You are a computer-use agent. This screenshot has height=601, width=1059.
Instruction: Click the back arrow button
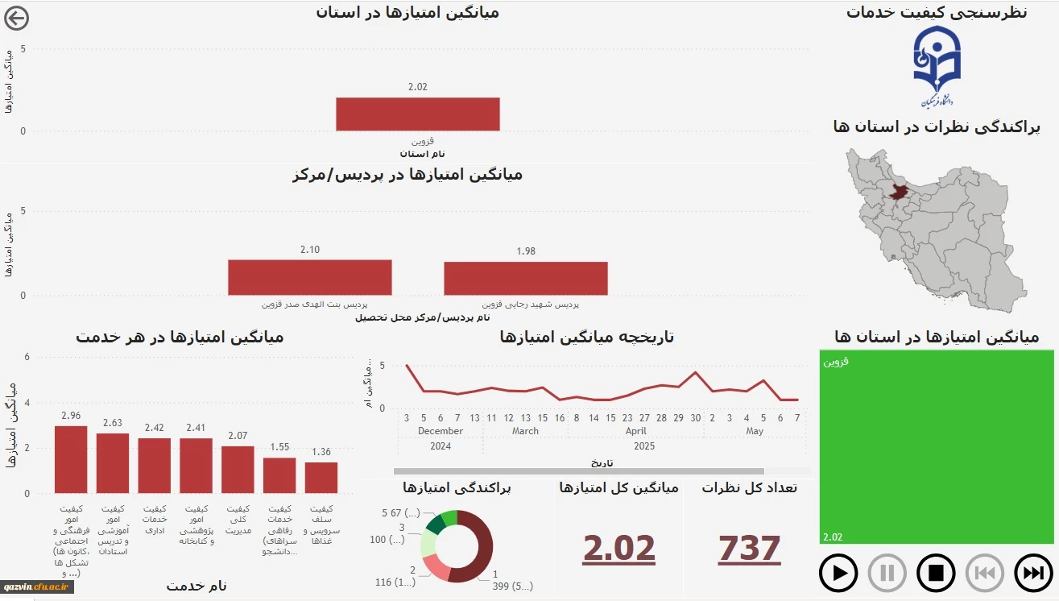click(16, 18)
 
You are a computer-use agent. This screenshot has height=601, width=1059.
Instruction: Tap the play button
click(838, 573)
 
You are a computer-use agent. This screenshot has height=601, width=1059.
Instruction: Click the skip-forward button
click(1033, 573)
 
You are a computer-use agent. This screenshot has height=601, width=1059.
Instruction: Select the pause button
click(887, 573)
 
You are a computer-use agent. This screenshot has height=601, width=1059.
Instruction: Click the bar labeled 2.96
click(71, 459)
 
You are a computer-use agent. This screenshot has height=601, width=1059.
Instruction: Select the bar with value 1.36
click(321, 478)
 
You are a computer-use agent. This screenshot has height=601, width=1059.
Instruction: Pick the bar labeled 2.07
click(238, 470)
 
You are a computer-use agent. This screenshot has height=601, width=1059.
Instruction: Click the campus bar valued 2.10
click(309, 277)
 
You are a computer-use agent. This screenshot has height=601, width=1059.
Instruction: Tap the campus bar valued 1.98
click(525, 278)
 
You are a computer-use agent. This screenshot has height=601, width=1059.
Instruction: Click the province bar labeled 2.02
click(417, 114)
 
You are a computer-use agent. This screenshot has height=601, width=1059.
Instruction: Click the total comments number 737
click(749, 549)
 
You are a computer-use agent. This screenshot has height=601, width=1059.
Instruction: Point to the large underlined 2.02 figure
click(618, 549)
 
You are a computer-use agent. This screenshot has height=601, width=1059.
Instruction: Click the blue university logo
click(937, 64)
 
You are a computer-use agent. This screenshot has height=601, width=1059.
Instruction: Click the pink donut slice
click(436, 567)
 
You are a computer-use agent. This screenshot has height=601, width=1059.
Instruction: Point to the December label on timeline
click(441, 431)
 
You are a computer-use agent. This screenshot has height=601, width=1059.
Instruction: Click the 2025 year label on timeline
click(643, 446)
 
